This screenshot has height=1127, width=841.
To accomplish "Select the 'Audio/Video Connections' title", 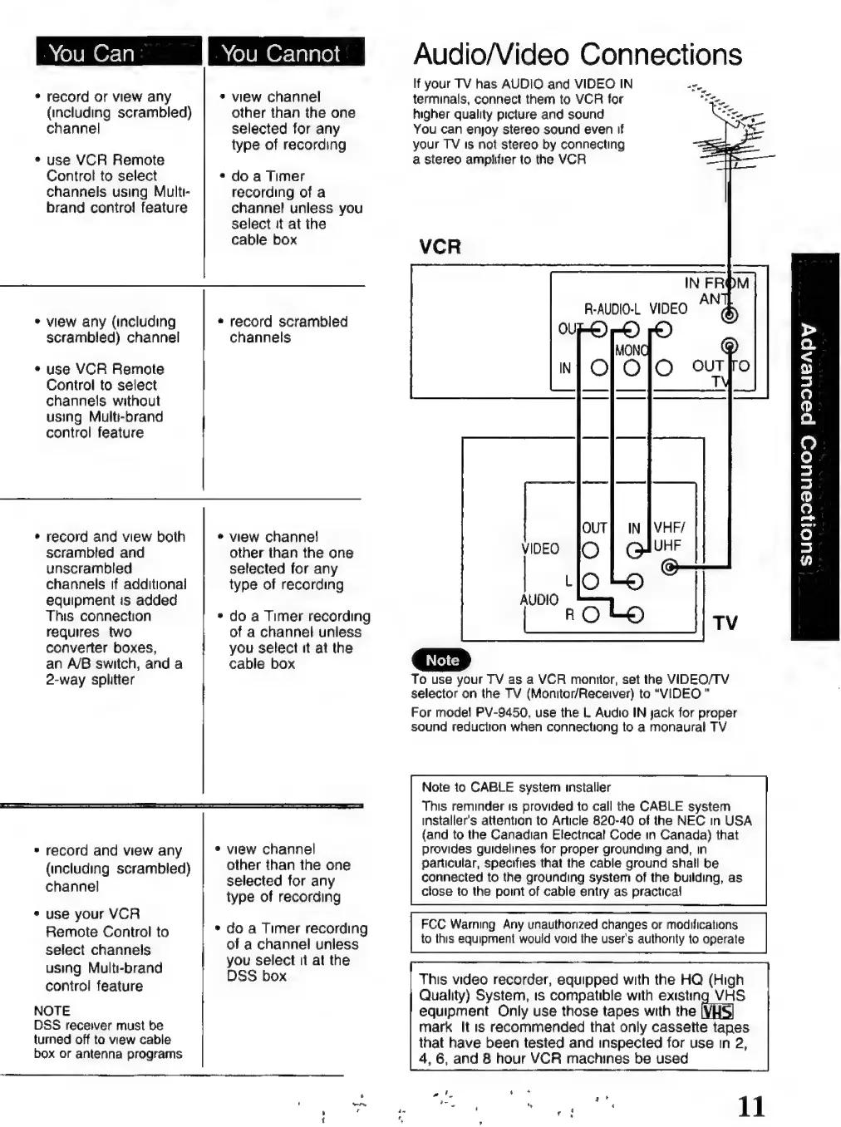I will (x=577, y=55).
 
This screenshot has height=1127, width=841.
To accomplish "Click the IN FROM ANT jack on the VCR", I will (x=729, y=316).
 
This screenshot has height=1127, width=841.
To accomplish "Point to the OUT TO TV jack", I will (x=729, y=347).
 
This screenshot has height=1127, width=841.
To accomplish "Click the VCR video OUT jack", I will (x=663, y=331).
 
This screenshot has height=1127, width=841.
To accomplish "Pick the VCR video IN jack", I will (x=663, y=367).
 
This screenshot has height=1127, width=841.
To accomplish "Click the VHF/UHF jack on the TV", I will (x=670, y=568).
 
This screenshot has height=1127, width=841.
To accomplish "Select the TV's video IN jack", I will (x=634, y=549).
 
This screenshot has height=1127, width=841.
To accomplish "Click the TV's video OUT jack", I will (x=590, y=549).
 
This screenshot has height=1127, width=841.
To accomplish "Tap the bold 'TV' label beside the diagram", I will (x=725, y=623).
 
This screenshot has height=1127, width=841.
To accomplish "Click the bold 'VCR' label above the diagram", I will (x=440, y=247).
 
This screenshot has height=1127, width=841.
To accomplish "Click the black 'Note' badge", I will (x=441, y=660).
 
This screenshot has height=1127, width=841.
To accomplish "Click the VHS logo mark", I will (x=717, y=1011).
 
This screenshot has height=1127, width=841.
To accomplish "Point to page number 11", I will (x=750, y=1106).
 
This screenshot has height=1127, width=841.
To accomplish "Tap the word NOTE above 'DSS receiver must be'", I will (x=52, y=1011).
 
